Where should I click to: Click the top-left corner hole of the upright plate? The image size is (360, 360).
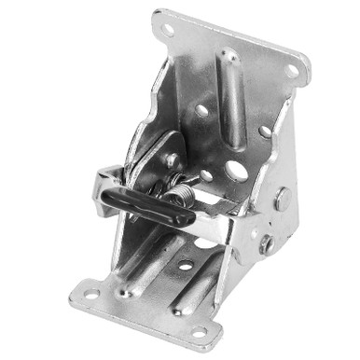[169, 29]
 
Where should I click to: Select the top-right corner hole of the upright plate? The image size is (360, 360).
[292, 70]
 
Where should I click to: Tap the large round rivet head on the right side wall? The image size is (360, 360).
[282, 199]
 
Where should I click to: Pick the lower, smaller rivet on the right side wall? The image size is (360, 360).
[268, 244]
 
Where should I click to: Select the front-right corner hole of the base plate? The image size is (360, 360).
[199, 331]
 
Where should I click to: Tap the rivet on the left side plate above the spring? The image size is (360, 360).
[172, 159]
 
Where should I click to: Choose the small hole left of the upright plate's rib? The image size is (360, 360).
[201, 110]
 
